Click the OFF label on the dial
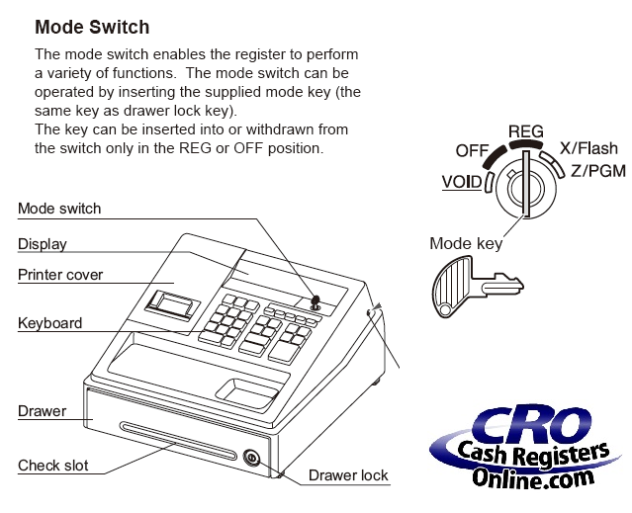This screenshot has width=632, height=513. [x=474, y=150]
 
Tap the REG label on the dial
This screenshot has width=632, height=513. [x=525, y=130]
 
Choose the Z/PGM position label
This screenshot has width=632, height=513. [x=598, y=170]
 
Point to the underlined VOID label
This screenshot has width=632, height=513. [x=463, y=182]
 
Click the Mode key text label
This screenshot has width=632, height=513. [x=466, y=242]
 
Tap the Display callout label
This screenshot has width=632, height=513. [x=43, y=243]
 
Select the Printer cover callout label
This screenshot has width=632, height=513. [x=60, y=274]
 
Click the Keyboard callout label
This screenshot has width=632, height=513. [x=50, y=323]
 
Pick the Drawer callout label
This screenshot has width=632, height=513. [x=43, y=410]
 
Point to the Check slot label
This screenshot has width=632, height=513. [x=52, y=465]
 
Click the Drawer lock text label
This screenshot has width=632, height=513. [x=348, y=475]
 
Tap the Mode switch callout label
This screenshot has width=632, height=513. [x=59, y=209]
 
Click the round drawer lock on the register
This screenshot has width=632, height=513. [x=251, y=458]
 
